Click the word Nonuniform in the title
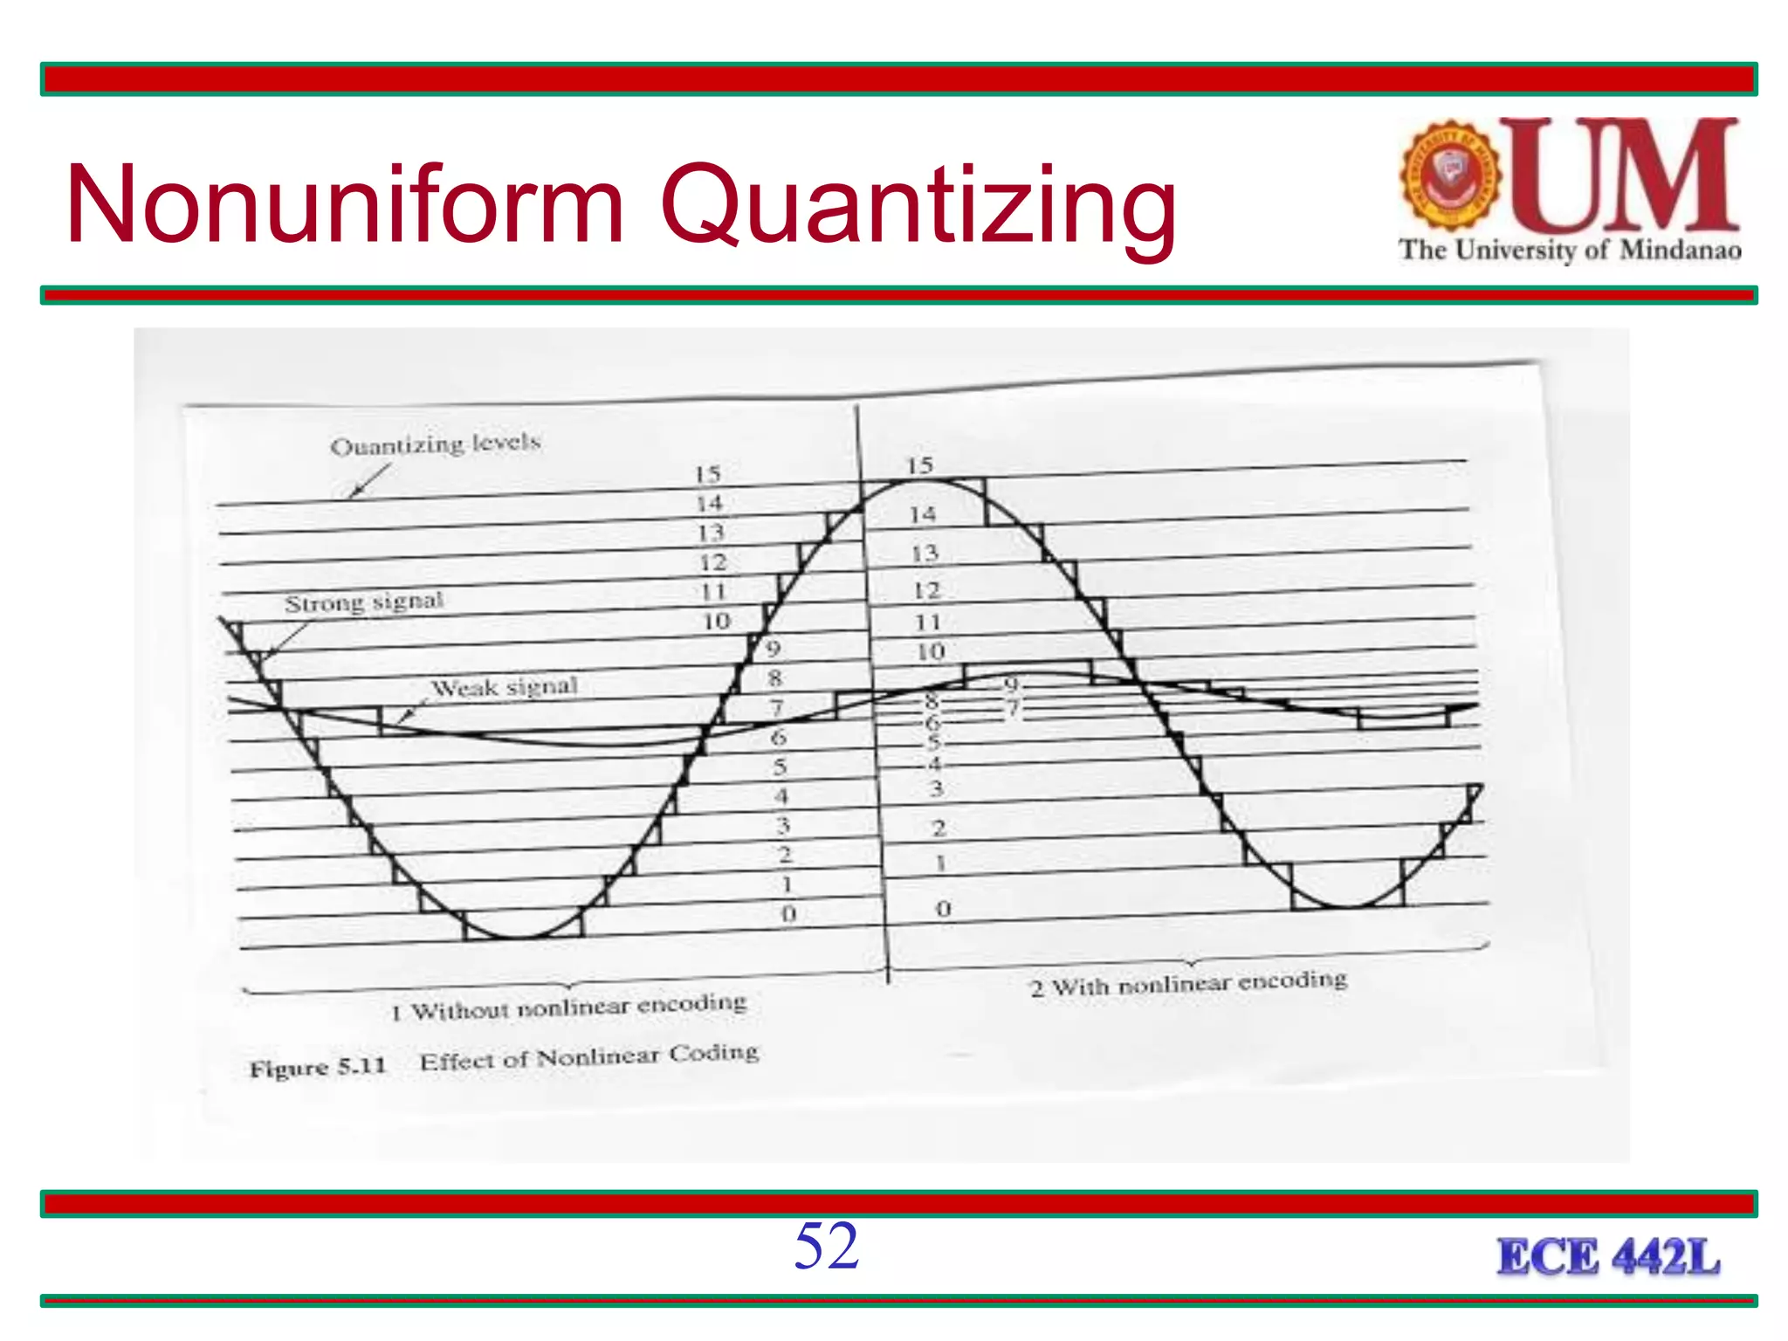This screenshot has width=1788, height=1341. [x=345, y=205]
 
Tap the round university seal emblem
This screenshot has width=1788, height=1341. [x=1450, y=175]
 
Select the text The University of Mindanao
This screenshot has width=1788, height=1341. [x=1570, y=250]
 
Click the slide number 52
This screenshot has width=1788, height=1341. [x=826, y=1246]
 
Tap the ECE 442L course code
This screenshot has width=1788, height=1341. [x=1608, y=1257]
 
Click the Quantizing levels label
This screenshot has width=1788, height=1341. [x=435, y=444]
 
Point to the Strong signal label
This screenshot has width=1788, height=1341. [x=364, y=602]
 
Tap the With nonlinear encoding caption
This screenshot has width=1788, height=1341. [x=1189, y=984]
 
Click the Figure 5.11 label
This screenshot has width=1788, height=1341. [x=318, y=1067]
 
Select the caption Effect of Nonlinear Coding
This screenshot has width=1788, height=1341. [x=589, y=1057]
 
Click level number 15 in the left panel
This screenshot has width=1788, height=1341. [x=707, y=474]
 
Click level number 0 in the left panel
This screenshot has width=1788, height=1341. [x=788, y=914]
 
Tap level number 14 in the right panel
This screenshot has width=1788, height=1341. [x=922, y=515]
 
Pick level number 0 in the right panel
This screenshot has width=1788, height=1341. [x=943, y=909]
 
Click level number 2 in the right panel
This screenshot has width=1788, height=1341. [x=939, y=828]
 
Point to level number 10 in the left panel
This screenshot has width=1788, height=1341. [x=716, y=622]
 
